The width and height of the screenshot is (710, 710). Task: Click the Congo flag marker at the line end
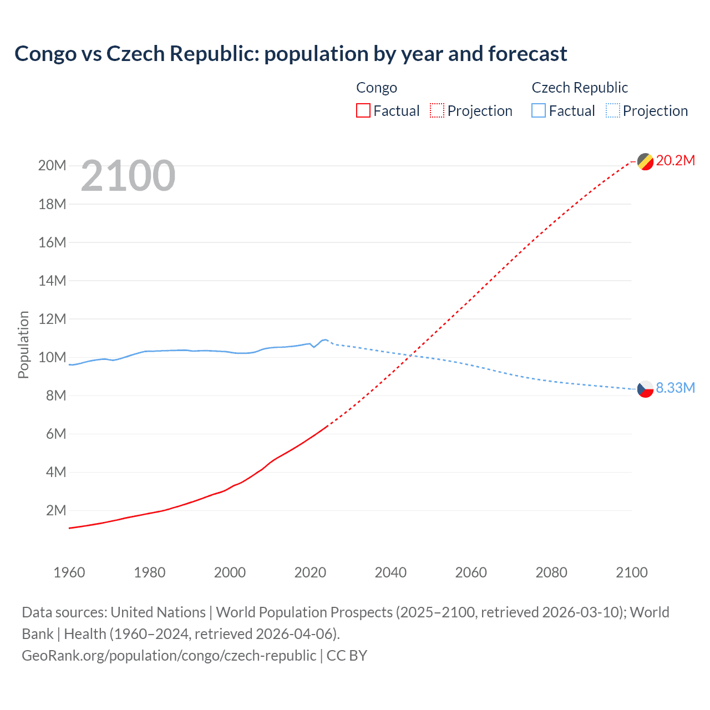pyautogui.click(x=645, y=161)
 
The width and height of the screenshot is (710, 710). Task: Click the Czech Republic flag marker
pyautogui.click(x=645, y=389)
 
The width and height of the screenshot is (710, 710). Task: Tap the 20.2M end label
pyautogui.click(x=675, y=160)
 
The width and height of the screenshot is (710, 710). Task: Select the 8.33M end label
pyautogui.click(x=675, y=388)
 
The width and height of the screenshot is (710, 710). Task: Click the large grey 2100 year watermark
pyautogui.click(x=128, y=176)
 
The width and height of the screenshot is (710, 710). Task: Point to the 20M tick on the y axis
pyautogui.click(x=52, y=166)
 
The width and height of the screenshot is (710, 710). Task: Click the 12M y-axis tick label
pyautogui.click(x=52, y=319)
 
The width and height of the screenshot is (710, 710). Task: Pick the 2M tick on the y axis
pyautogui.click(x=55, y=510)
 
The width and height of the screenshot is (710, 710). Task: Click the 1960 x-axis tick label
pyautogui.click(x=69, y=572)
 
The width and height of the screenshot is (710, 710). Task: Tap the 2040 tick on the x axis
pyautogui.click(x=390, y=572)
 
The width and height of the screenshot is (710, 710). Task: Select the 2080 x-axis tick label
pyautogui.click(x=551, y=572)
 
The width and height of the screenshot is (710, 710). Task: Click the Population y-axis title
pyautogui.click(x=23, y=344)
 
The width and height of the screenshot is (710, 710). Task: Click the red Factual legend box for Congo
pyautogui.click(x=363, y=110)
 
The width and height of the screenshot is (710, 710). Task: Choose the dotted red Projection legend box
pyautogui.click(x=437, y=110)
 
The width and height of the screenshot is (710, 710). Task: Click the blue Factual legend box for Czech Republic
pyautogui.click(x=539, y=110)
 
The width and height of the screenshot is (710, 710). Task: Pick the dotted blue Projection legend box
pyautogui.click(x=613, y=110)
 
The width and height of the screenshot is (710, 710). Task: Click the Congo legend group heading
pyautogui.click(x=377, y=88)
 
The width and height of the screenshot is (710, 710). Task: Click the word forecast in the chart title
pyautogui.click(x=528, y=54)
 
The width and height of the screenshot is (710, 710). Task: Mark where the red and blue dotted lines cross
pyautogui.click(x=409, y=356)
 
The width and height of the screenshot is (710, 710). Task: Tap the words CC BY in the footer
pyautogui.click(x=347, y=655)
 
